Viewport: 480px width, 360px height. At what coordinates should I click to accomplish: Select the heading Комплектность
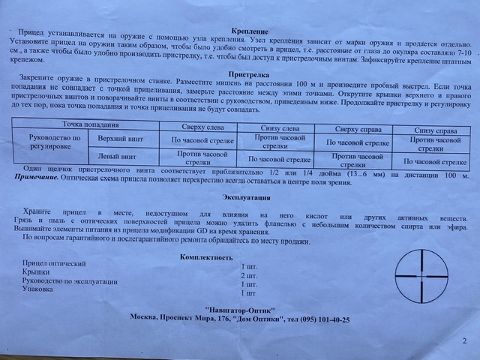point(207,257)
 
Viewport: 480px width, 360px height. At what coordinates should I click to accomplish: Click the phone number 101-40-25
point(329,320)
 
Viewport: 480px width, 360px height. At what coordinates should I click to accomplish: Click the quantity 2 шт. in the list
point(248,276)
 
